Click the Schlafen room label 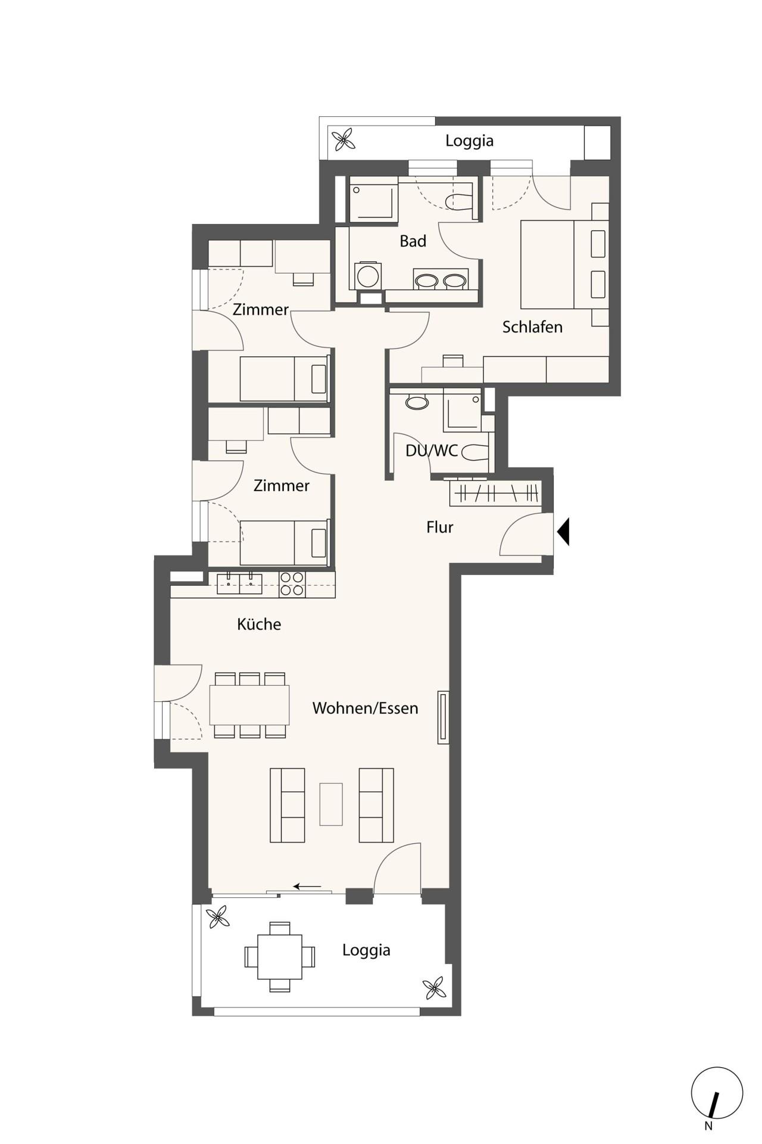coord(532,327)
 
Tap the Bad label coord(413,241)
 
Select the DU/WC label coord(432,450)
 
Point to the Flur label coord(440,527)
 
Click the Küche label coord(259,624)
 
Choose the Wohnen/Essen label coord(365,708)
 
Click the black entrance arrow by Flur coord(563,531)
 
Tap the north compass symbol coord(717,1093)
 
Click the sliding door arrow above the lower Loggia coord(307,887)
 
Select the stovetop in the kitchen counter coord(292,584)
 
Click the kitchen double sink coord(239,583)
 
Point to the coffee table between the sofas coord(331,804)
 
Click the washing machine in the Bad coord(367,276)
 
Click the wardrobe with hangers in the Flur coord(496,493)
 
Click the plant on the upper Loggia coord(343,141)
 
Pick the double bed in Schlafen coord(564,264)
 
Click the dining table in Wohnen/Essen coord(249,705)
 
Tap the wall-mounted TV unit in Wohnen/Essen coord(443,717)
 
